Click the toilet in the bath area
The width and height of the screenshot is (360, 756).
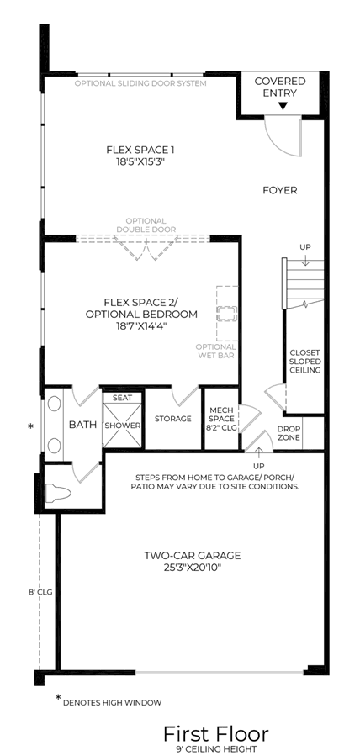tap(58, 493)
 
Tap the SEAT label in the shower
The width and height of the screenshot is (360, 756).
tap(121, 398)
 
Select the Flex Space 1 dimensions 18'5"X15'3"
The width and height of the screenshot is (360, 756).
tap(140, 161)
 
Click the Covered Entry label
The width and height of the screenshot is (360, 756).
tap(280, 87)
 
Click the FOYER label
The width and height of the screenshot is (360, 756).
tap(280, 190)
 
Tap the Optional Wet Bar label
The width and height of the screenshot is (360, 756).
tap(216, 351)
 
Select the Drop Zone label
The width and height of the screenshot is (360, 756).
tap(289, 433)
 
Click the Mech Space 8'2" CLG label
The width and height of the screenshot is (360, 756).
tap(222, 419)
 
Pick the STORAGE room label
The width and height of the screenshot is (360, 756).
tap(173, 419)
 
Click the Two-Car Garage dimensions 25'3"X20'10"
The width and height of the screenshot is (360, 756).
tap(193, 568)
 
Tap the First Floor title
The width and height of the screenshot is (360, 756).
tap(216, 734)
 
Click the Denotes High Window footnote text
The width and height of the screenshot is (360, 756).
tap(112, 702)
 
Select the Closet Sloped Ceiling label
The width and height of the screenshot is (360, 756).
tap(304, 362)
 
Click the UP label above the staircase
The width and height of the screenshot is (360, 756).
tap(305, 247)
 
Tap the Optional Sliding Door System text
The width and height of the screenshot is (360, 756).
tap(140, 83)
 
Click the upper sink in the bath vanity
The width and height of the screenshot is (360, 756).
tap(54, 403)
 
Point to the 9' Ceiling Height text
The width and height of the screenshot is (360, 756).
tap(216, 748)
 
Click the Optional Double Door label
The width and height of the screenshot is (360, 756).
tap(146, 225)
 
